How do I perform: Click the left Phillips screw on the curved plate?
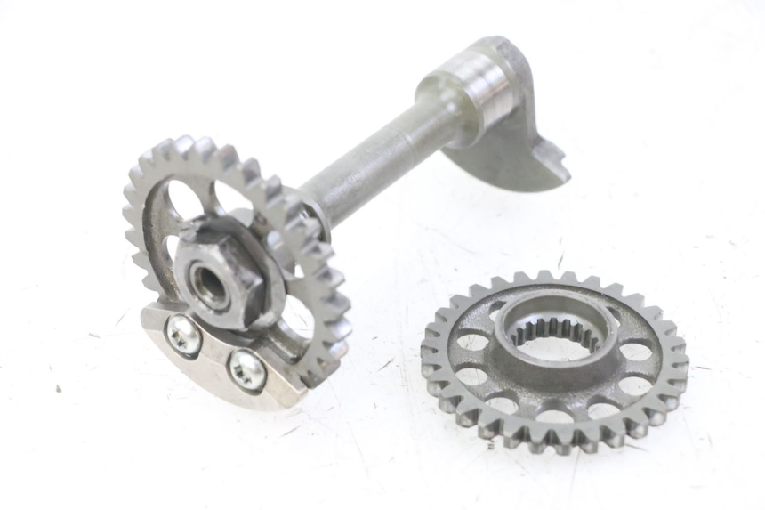pos(183,336)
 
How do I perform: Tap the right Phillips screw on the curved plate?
pos(246,369)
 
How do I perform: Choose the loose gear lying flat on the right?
pos(553,360)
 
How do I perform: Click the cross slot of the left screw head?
pos(183,336)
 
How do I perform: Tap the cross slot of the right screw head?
pos(246,369)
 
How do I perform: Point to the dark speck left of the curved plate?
pos(59,388)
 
